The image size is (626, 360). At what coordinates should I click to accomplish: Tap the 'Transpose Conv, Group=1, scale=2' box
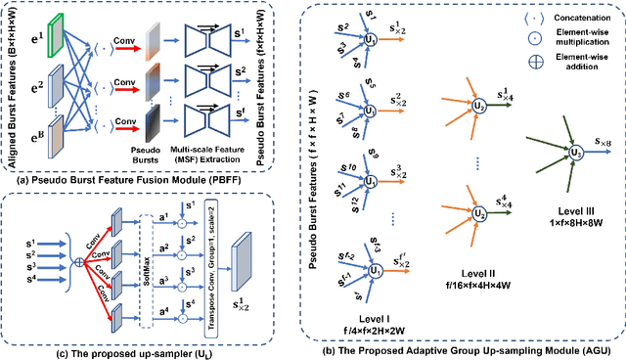tap(205, 259)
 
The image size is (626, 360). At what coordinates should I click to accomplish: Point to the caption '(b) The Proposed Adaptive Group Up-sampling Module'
tap(461, 347)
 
